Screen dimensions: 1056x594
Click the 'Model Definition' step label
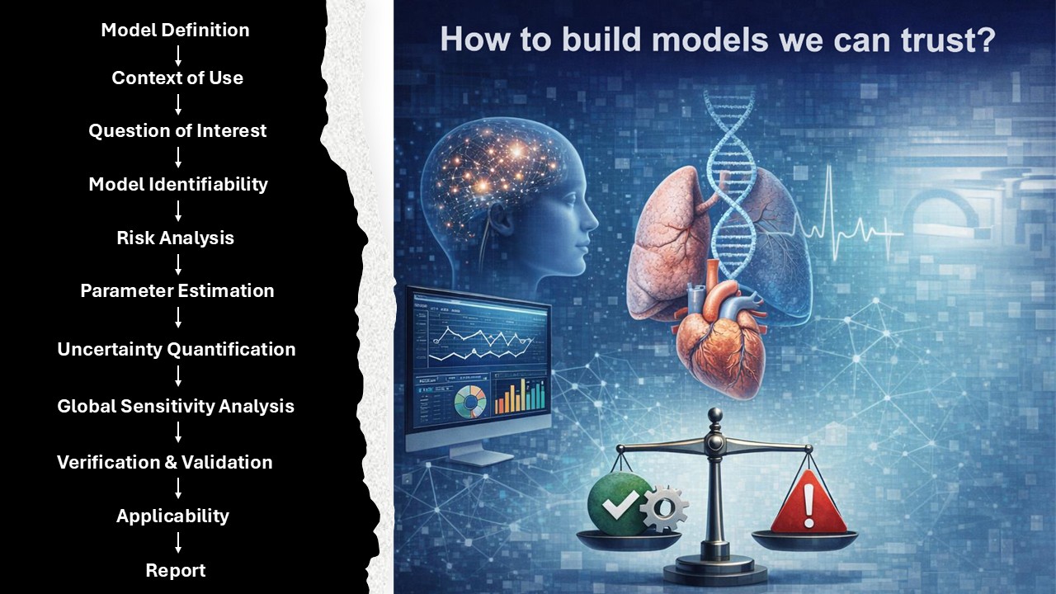pos(175,31)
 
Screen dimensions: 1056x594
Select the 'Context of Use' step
pos(177,78)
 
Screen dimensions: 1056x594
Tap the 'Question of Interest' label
pos(177,130)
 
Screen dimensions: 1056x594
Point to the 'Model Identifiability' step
pos(178,184)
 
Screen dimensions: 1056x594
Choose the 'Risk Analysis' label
pos(176,238)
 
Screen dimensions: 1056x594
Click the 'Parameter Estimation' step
pos(177,291)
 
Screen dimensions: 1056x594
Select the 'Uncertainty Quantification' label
pos(177,349)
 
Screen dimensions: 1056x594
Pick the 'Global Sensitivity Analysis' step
pos(176,406)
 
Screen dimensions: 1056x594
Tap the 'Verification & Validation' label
pos(164,463)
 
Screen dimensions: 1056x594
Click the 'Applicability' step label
pos(172,516)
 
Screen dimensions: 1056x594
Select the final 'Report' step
pos(176,570)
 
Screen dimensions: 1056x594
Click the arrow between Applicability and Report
pos(178,543)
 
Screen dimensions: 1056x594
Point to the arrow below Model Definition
pos(178,55)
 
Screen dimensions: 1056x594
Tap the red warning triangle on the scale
pos(808,502)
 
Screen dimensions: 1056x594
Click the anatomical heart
pos(720,339)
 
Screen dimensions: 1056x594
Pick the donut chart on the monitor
pos(470,402)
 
